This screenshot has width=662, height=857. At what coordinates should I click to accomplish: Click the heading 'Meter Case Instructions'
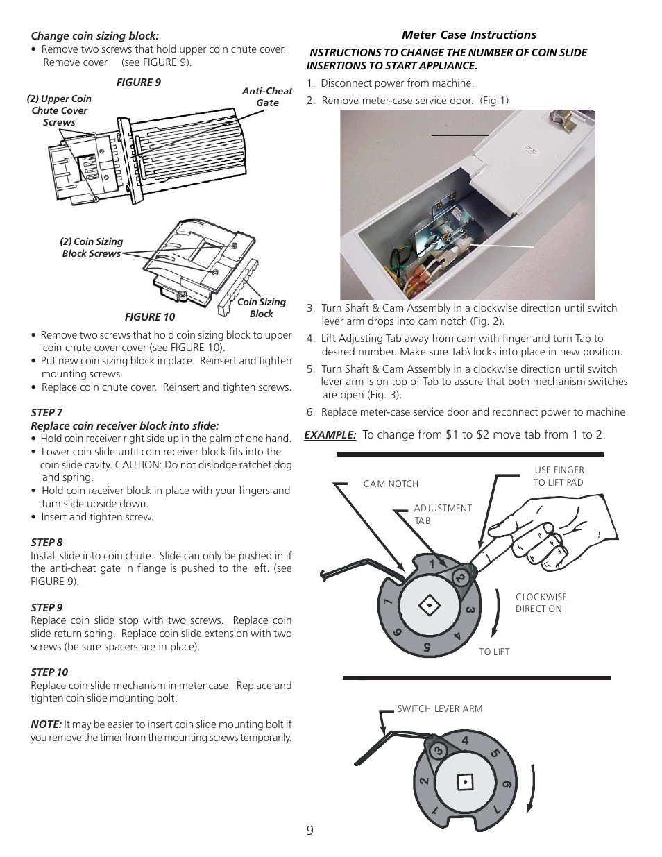tap(469, 35)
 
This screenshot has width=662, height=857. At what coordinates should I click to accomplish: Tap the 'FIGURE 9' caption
tap(138, 82)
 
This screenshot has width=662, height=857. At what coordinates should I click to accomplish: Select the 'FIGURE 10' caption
tap(150, 316)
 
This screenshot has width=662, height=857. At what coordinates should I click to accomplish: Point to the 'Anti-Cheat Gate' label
tap(267, 96)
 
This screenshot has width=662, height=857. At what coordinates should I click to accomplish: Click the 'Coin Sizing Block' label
tap(262, 307)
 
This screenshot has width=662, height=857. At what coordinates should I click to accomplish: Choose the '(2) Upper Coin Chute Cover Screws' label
tap(59, 110)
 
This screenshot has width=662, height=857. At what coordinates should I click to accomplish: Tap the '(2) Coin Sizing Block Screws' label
tap(91, 247)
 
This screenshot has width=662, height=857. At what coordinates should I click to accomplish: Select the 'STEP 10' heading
tap(49, 672)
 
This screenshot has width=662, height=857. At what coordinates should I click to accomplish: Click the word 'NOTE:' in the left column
tap(46, 724)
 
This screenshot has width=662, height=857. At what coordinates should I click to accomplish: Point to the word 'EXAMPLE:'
tap(330, 434)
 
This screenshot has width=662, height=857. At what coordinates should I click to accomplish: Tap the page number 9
tap(309, 831)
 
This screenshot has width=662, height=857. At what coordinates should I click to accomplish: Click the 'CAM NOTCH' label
tap(391, 484)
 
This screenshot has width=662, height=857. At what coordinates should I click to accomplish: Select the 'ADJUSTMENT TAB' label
tap(442, 514)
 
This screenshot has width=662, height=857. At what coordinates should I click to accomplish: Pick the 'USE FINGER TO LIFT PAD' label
tap(559, 476)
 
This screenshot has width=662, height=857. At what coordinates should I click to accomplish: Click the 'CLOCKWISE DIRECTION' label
tap(541, 602)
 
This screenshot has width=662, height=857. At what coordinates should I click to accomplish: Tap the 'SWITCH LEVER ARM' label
tap(439, 708)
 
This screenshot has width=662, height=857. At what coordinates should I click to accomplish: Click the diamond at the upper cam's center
tap(430, 606)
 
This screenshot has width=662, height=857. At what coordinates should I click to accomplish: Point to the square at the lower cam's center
tap(466, 782)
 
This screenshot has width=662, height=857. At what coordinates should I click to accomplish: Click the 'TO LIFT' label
tap(494, 652)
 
